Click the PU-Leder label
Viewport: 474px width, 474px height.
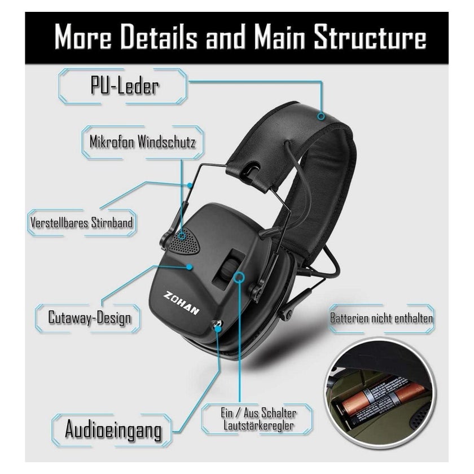click(x=124, y=86)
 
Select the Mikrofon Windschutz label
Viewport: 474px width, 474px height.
click(x=142, y=142)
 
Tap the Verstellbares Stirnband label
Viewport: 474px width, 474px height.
click(x=82, y=222)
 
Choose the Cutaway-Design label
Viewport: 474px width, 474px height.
click(x=90, y=318)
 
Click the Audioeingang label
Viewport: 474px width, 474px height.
click(x=113, y=429)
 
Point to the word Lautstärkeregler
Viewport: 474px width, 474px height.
click(x=258, y=425)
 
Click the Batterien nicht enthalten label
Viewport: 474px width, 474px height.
click(x=381, y=318)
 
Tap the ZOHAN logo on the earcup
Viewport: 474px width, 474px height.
click(x=181, y=303)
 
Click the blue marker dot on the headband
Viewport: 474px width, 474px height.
click(x=322, y=116)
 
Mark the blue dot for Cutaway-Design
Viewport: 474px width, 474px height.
click(x=190, y=267)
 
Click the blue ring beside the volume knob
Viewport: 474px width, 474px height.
click(x=239, y=277)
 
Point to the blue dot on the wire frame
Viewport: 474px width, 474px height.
click(x=190, y=185)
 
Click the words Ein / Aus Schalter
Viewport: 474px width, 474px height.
click(x=258, y=413)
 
